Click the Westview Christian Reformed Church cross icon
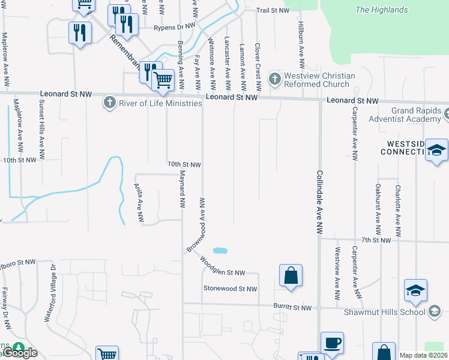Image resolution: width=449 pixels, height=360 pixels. [x=274, y=79]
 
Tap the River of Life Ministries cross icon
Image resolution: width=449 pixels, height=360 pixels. [x=109, y=103]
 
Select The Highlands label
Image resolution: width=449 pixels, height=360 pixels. [x=381, y=10]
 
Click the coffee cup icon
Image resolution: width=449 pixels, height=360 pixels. [x=332, y=343]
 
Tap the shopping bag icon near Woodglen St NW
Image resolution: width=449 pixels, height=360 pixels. [x=291, y=276]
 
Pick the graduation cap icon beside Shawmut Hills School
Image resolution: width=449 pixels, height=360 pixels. [x=415, y=291]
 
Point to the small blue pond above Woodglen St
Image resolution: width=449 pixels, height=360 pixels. [x=220, y=250]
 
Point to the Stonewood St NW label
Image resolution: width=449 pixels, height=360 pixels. [x=230, y=289]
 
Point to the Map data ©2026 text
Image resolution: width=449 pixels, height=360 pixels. [x=423, y=355]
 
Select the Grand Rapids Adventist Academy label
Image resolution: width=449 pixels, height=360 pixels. [x=415, y=115]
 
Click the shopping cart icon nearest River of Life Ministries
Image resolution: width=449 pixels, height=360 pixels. [x=163, y=79]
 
